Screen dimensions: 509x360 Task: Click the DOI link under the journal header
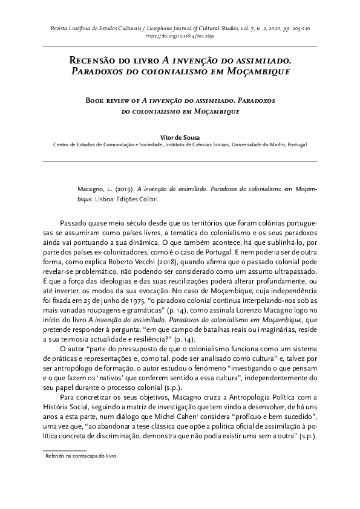point(180,36)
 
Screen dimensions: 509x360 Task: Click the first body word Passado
point(77,223)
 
